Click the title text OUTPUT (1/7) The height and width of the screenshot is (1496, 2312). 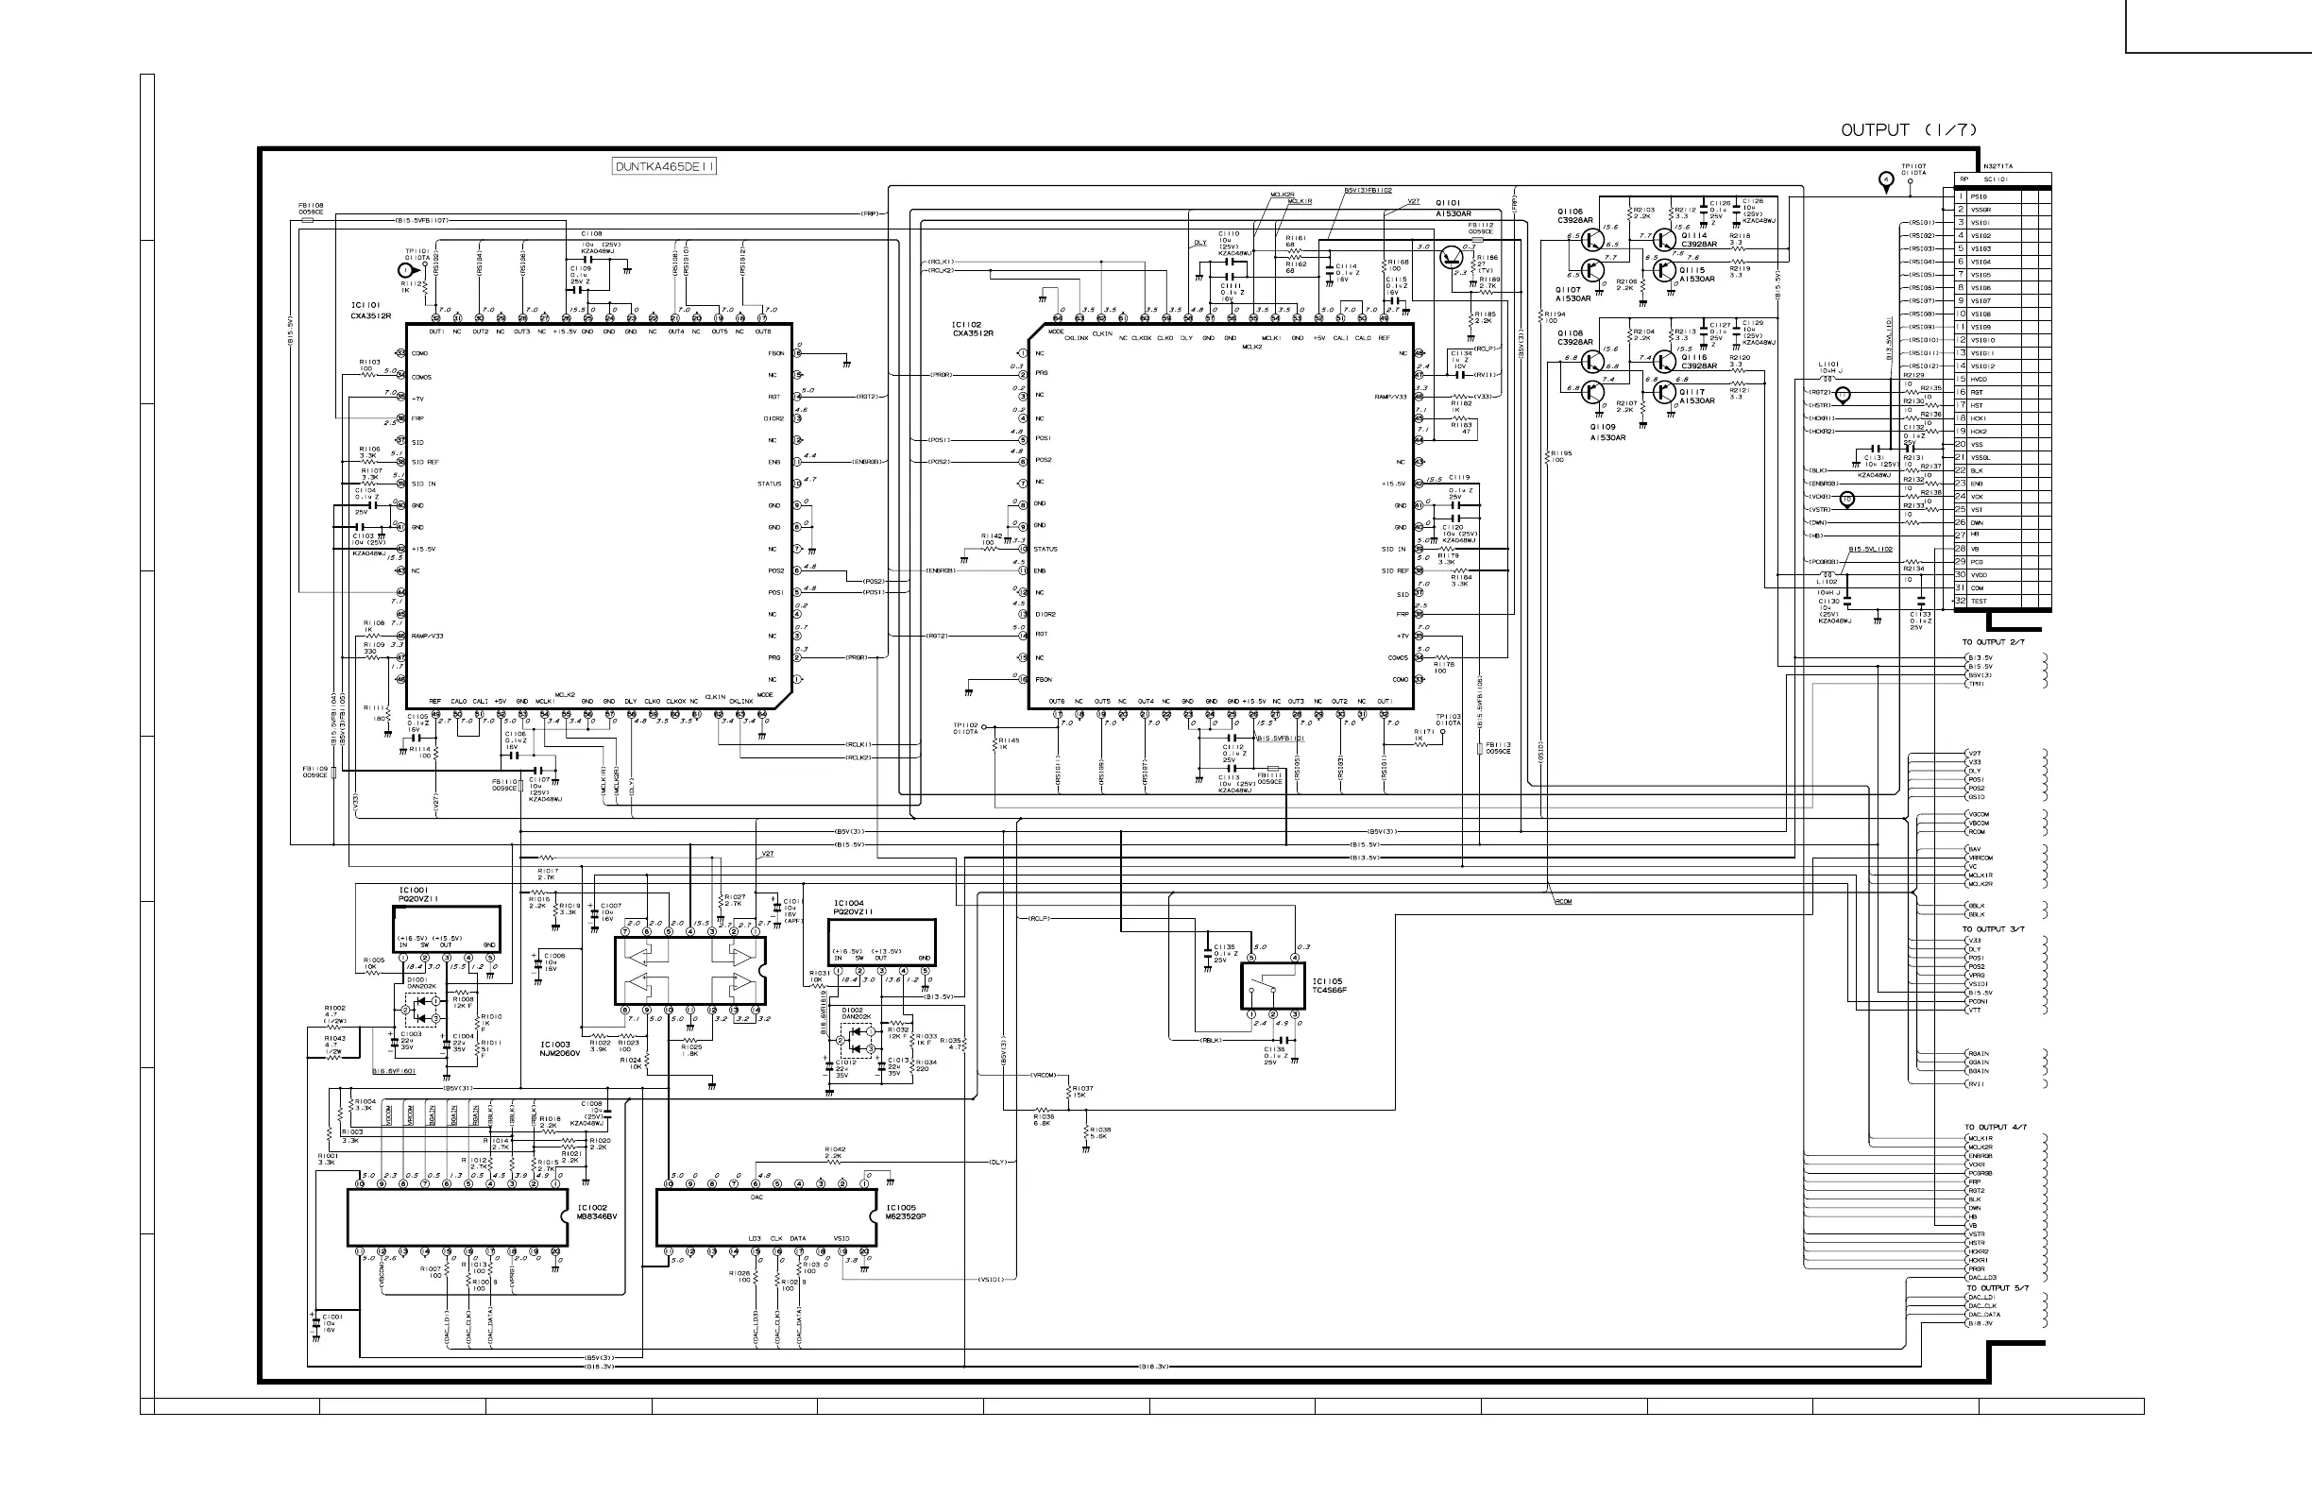(1909, 130)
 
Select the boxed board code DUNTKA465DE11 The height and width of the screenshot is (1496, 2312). (665, 166)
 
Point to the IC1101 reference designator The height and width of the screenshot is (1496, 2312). (366, 305)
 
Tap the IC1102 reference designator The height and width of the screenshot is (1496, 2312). (966, 325)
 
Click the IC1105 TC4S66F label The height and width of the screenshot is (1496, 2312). (1329, 985)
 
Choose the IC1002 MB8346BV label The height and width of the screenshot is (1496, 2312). (598, 1213)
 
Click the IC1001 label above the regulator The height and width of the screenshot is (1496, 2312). (413, 890)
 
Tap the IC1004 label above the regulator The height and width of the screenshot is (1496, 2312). (848, 904)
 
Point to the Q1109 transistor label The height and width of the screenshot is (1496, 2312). (1603, 427)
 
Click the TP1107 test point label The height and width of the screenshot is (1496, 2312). (1912, 166)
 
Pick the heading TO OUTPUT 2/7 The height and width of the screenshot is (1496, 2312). (1994, 642)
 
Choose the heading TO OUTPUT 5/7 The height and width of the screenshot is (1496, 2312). (1997, 1288)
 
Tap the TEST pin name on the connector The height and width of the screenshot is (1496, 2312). (1979, 602)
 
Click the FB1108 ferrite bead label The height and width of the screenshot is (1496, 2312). (311, 205)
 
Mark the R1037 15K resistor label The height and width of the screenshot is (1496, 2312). (1082, 1091)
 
